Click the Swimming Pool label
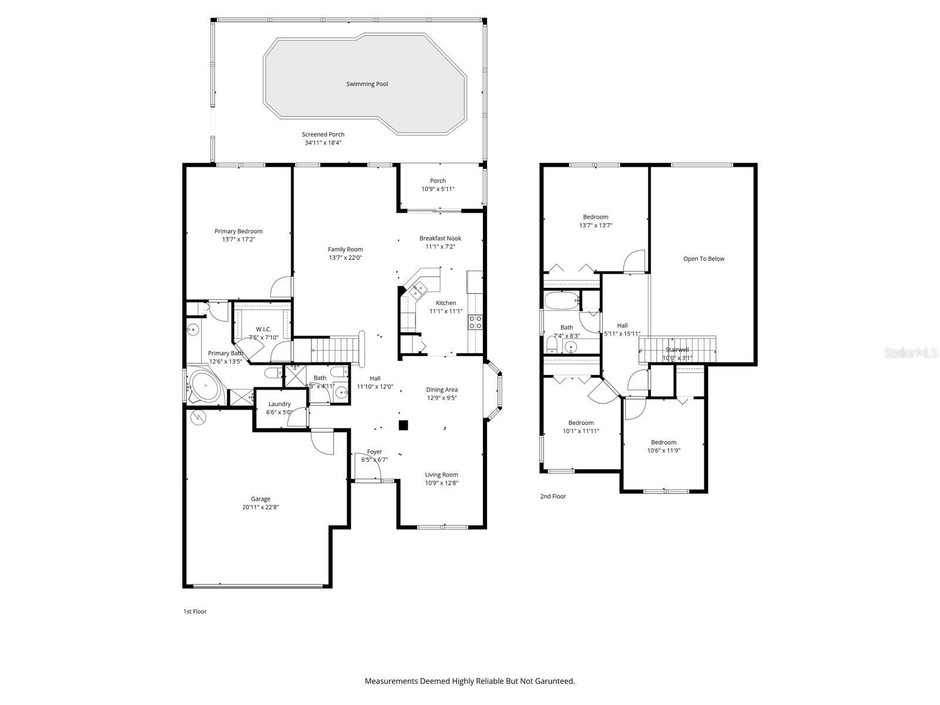(x=367, y=84)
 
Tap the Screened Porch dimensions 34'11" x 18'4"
(x=323, y=143)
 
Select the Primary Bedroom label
(x=238, y=231)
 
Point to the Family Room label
(x=345, y=249)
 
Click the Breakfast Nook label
(x=440, y=239)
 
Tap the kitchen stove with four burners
(x=475, y=321)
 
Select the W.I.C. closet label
(x=263, y=329)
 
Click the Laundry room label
(x=279, y=404)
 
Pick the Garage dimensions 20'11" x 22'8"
(x=260, y=507)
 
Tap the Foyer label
(x=374, y=452)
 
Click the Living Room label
(x=441, y=475)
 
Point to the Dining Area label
(x=441, y=390)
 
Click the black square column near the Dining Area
(x=403, y=425)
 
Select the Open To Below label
(x=703, y=258)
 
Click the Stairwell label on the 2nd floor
(x=677, y=350)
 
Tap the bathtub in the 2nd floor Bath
(x=562, y=301)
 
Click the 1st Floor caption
(x=195, y=612)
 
